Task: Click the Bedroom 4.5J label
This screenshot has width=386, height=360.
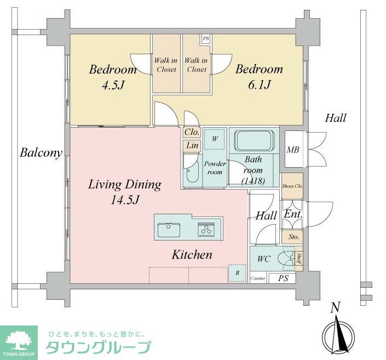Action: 112,77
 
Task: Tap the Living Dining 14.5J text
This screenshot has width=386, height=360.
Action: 125,192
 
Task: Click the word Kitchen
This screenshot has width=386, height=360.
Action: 192,255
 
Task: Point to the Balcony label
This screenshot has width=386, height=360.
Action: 41,153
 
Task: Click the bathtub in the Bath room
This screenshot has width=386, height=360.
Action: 254,141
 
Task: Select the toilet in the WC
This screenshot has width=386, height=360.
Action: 286,259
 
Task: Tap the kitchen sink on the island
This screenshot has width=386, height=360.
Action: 169,230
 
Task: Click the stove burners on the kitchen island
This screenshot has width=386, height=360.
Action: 206,230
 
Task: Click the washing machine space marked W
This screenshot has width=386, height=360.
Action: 215,139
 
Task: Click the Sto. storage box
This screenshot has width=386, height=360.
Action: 293,237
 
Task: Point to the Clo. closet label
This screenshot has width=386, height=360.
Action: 192,132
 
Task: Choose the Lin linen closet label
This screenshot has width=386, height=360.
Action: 192,145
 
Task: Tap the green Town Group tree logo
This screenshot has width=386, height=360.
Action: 19,342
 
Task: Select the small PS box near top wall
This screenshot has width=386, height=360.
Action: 205,39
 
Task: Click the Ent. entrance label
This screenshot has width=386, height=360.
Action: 292,215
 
